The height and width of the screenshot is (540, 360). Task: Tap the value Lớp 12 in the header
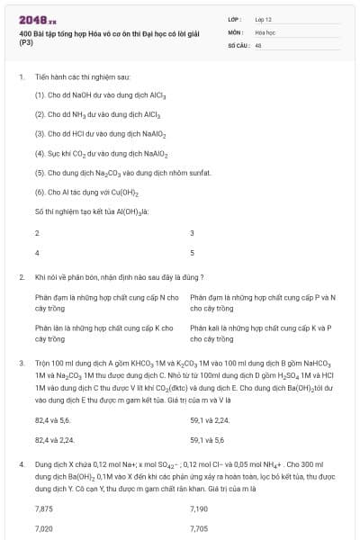(264, 19)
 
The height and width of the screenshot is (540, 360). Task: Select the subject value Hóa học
(265, 31)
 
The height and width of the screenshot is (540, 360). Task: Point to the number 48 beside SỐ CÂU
(258, 43)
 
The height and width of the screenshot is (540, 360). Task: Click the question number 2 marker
(21, 277)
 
